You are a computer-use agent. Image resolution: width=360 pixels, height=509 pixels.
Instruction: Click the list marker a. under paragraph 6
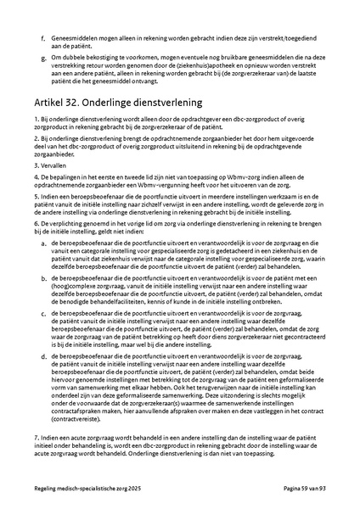[42, 243]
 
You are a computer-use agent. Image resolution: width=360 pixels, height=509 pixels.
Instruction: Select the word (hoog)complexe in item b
[72, 286]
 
